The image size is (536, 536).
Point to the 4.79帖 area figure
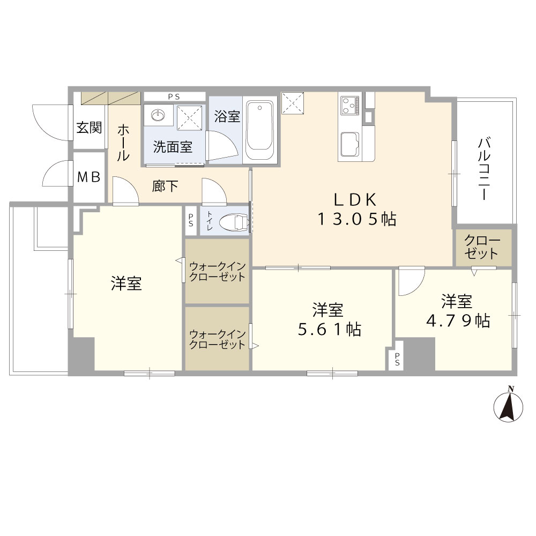click(x=457, y=321)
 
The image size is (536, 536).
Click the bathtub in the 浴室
click(x=260, y=129)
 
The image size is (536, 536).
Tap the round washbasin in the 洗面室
click(x=159, y=116)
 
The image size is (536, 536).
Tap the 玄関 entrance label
click(x=89, y=128)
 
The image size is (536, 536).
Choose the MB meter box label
click(x=89, y=177)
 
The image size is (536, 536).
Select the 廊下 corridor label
click(x=165, y=186)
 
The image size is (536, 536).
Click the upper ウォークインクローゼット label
click(x=217, y=272)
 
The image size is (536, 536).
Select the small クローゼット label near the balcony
click(x=482, y=247)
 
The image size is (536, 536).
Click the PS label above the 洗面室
click(x=174, y=96)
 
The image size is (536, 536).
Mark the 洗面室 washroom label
click(x=173, y=147)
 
